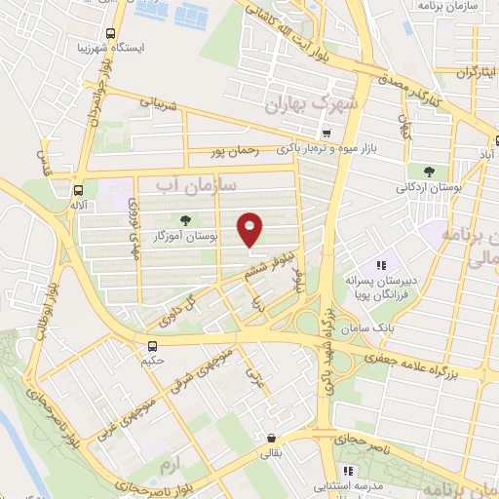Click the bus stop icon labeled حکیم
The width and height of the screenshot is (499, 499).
[x=151, y=345]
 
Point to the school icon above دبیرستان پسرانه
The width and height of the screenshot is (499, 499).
[x=382, y=264]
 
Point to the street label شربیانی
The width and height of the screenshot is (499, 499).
[x=162, y=100]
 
